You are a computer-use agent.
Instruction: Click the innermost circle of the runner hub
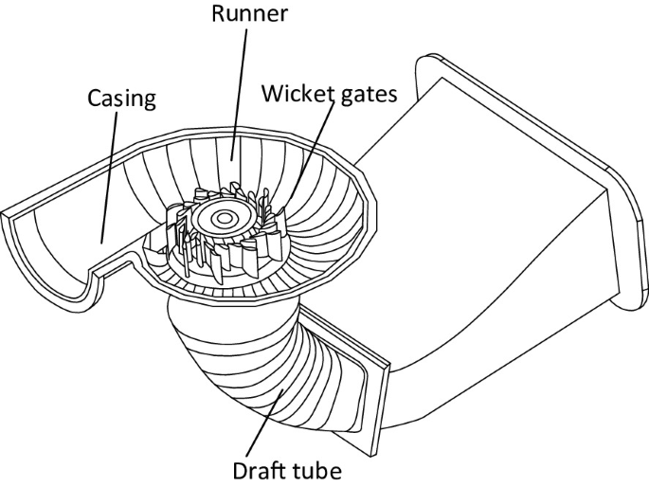pyautogui.click(x=225, y=219)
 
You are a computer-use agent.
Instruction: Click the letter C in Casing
pyautogui.click(x=93, y=99)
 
